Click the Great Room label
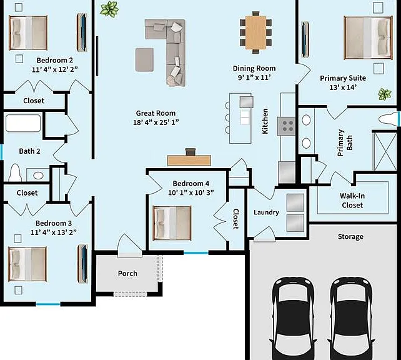pyautogui.click(x=156, y=113)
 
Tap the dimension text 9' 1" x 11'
pyautogui.click(x=254, y=77)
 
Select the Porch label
pyautogui.click(x=127, y=274)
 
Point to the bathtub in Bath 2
pyautogui.click(x=23, y=123)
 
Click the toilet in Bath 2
pyautogui.click(x=15, y=172)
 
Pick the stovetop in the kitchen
pyautogui.click(x=287, y=126)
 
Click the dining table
pyautogui.click(x=255, y=32)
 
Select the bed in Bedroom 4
pyautogui.click(x=172, y=223)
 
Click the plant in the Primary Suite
pyautogui.click(x=384, y=94)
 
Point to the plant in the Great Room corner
pyautogui.click(x=109, y=9)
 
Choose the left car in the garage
pyautogui.click(x=294, y=319)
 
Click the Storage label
pyautogui.click(x=350, y=237)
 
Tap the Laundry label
pyautogui.click(x=266, y=212)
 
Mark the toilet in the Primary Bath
pyautogui.click(x=389, y=119)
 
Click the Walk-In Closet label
pyautogui.click(x=352, y=201)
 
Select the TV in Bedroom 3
pyautogui.click(x=83, y=264)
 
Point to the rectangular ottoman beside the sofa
pyautogui.click(x=144, y=59)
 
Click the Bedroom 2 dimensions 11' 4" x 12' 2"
pyautogui.click(x=55, y=69)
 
